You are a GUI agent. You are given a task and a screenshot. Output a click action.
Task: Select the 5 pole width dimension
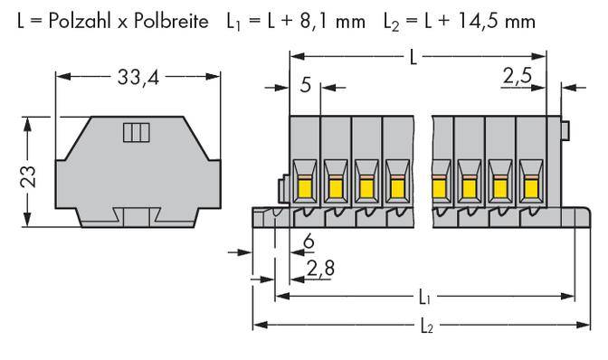(x=305, y=87)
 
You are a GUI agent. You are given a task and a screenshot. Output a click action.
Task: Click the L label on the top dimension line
(x=413, y=57)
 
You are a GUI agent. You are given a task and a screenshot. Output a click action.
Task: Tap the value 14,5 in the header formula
(x=479, y=18)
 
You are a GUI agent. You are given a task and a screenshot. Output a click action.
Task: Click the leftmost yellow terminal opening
(x=306, y=185)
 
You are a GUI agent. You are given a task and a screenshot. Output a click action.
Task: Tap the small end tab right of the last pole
(x=565, y=132)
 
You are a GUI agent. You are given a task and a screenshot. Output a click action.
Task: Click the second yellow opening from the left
(x=336, y=185)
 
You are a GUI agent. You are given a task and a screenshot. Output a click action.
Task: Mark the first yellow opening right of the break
(x=442, y=185)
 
